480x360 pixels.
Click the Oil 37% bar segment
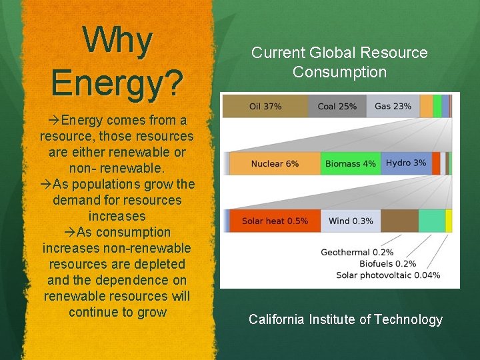(265, 106)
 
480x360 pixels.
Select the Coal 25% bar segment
(337, 106)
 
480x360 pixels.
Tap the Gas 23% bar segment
(393, 106)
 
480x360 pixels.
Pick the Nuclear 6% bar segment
(275, 163)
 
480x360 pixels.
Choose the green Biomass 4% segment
(350, 163)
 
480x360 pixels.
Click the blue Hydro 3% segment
(405, 163)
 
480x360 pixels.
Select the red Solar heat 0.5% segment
(274, 221)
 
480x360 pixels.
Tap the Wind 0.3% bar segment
(351, 221)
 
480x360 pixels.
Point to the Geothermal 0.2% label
(357, 252)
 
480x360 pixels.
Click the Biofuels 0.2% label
(387, 263)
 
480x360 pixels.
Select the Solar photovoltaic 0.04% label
(388, 275)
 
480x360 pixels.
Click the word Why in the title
(117, 41)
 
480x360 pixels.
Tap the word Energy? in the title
(117, 82)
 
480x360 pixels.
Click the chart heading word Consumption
(339, 72)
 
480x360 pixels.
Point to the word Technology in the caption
(408, 319)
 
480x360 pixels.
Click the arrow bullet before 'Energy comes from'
(55, 121)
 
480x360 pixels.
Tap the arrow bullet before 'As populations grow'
(46, 185)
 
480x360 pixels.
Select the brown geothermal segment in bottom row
(399, 221)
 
